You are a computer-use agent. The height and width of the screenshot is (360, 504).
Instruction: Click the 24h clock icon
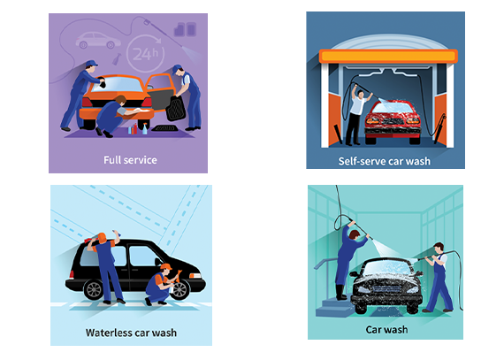click(145, 53)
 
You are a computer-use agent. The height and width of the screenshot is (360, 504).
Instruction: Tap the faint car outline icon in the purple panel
click(98, 41)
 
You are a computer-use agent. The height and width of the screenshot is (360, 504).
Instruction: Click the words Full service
click(130, 160)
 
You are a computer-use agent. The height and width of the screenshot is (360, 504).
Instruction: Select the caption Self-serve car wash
click(384, 161)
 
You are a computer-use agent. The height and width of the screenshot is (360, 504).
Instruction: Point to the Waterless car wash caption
click(131, 333)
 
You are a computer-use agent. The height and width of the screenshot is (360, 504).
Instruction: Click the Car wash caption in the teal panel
click(386, 329)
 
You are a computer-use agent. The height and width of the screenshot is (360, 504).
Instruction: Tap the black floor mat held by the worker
click(175, 109)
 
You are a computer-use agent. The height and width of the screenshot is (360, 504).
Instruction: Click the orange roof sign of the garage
click(388, 57)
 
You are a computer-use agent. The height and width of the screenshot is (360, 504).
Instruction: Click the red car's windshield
click(392, 107)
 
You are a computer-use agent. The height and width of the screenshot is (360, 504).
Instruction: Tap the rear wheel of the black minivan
click(93, 289)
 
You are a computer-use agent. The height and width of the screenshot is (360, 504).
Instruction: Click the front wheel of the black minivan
click(179, 289)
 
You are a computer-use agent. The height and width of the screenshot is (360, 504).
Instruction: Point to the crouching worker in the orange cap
click(161, 285)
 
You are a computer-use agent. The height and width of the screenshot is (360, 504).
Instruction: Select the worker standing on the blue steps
click(347, 260)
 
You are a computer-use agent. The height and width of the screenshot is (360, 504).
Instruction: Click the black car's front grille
click(387, 288)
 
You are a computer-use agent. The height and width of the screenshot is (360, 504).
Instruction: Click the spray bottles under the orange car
click(138, 129)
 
